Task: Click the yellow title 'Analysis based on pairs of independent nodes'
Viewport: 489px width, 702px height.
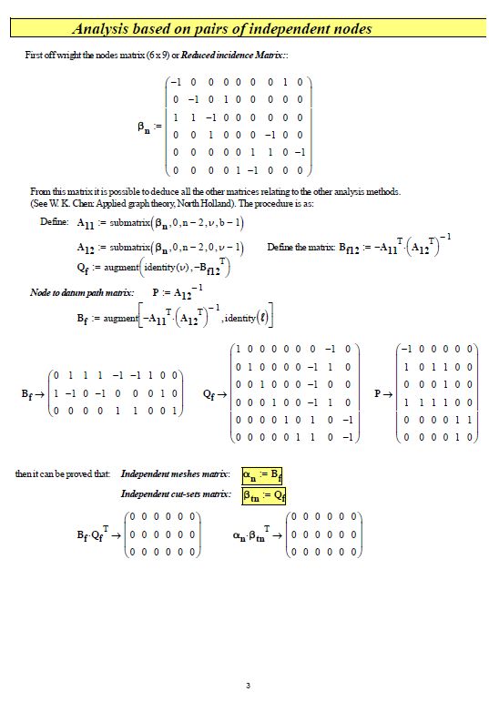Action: [221, 30]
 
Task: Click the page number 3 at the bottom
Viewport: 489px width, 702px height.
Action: [248, 686]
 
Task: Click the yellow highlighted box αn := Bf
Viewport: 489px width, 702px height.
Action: [263, 474]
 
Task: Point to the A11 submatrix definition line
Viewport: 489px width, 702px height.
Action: [159, 223]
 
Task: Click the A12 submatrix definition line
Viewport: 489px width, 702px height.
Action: [159, 247]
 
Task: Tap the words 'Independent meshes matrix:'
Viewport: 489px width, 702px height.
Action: [175, 474]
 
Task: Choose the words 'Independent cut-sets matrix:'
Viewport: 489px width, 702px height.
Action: [175, 495]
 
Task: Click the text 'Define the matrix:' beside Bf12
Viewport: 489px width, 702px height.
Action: [301, 247]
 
